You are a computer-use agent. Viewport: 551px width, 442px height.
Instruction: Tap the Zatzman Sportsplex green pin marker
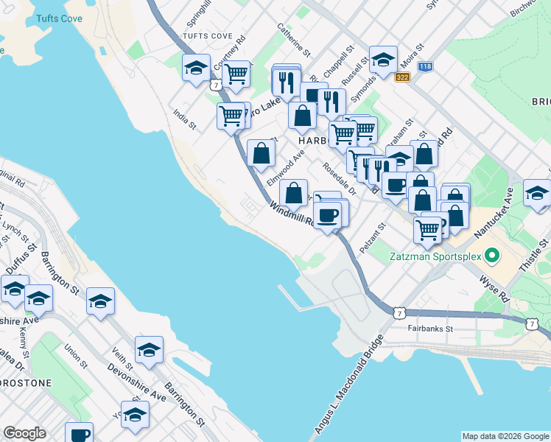(490, 256)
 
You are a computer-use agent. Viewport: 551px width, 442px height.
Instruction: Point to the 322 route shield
(401, 77)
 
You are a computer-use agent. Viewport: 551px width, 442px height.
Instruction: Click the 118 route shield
(425, 66)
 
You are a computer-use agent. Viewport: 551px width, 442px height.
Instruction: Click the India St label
(184, 119)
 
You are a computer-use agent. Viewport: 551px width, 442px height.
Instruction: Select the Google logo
(24, 433)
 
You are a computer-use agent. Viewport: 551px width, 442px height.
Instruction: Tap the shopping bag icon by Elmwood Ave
(262, 153)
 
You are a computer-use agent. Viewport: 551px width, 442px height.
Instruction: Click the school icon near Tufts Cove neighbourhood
(196, 68)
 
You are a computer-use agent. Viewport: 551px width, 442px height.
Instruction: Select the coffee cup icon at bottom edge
(79, 433)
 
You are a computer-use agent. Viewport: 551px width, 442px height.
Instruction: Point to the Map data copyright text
(505, 436)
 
